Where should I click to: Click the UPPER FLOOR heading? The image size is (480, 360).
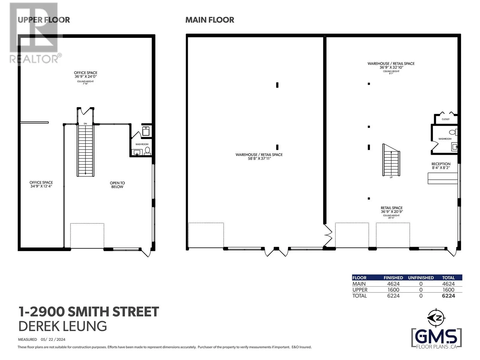pyautogui.click(x=44, y=20)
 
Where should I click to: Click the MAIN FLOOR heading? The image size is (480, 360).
pyautogui.click(x=210, y=20)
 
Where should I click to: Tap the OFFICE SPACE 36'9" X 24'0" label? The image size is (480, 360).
pyautogui.click(x=85, y=75)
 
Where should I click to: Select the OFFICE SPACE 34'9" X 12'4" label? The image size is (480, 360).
pyautogui.click(x=41, y=184)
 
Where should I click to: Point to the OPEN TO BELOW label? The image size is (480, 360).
pyautogui.click(x=117, y=185)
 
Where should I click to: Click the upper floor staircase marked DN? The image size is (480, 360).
pyautogui.click(x=86, y=150)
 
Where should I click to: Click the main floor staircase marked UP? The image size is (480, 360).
pyautogui.click(x=391, y=160)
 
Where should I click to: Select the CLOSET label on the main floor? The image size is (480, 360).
pyautogui.click(x=445, y=119)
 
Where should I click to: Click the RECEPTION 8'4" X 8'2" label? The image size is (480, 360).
pyautogui.click(x=441, y=166)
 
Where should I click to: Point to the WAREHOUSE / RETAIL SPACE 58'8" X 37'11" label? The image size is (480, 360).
pyautogui.click(x=259, y=157)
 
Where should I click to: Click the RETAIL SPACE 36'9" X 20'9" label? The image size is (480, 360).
pyautogui.click(x=391, y=210)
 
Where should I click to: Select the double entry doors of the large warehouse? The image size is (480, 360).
pyautogui.click(x=276, y=252)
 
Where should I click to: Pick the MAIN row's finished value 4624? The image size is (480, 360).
pyautogui.click(x=393, y=284)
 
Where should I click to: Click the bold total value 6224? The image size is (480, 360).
pyautogui.click(x=448, y=296)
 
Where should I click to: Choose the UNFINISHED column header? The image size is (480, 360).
pyautogui.click(x=421, y=278)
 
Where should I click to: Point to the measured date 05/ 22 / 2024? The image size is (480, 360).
pyautogui.click(x=53, y=340)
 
